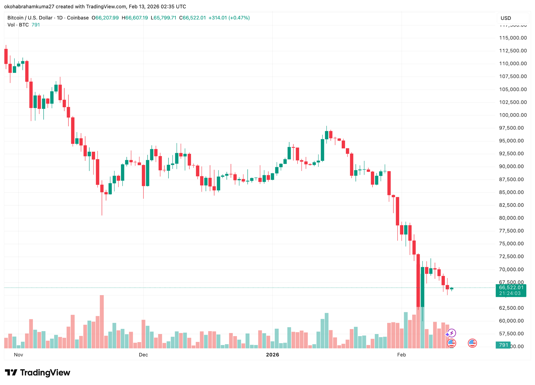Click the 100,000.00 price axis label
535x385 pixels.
pos(513,115)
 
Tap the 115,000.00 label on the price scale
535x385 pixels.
pos(513,38)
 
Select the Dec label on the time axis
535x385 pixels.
pos(143,355)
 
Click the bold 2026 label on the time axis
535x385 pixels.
pos(272,355)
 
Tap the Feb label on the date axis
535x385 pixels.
pos(401,355)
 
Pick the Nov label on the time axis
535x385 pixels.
pos(19,355)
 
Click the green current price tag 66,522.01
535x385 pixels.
pos(511,287)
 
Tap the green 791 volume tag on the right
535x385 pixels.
pos(503,345)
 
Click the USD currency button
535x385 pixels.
pos(506,18)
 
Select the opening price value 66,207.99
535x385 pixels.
pos(107,18)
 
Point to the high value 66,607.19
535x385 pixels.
pos(137,18)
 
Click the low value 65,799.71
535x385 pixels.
pos(165,18)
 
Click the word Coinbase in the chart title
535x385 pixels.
pos(78,18)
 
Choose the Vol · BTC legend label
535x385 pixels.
pos(18,25)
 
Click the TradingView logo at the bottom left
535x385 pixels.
pos(38,372)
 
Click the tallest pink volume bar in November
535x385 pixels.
pos(102,321)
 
